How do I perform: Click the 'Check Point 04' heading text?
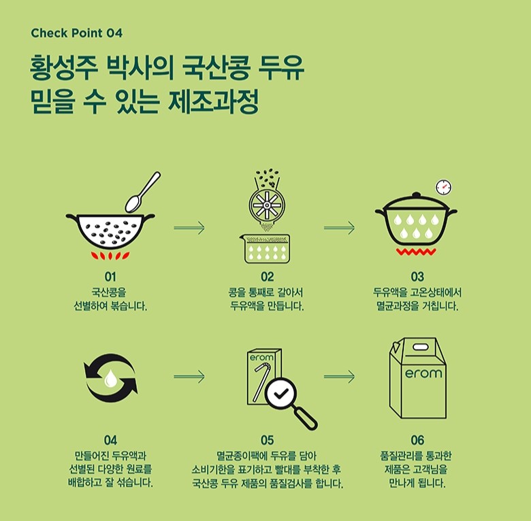76,33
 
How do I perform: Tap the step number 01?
110,277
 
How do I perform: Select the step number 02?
267,277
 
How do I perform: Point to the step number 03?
417,277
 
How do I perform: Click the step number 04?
110,440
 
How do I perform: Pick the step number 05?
267,440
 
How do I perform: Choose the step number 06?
417,440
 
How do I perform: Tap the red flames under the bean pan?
110,256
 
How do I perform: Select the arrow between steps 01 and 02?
189,228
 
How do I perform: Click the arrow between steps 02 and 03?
339,228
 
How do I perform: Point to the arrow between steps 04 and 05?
189,377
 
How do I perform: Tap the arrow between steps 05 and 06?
339,377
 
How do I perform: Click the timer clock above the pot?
443,187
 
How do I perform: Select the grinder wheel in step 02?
267,205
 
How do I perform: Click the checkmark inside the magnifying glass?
280,393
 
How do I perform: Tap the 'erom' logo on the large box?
423,373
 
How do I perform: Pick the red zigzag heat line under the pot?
416,252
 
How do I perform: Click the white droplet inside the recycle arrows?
110,378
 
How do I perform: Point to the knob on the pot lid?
416,195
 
